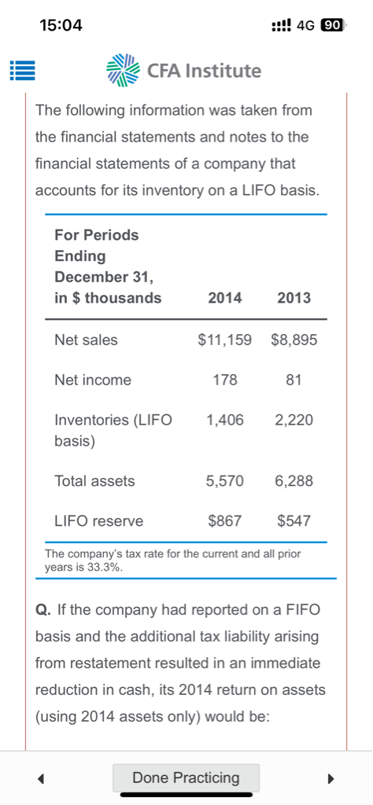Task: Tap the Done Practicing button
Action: (x=186, y=777)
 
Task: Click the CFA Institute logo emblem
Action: (x=123, y=70)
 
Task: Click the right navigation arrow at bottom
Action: (x=331, y=779)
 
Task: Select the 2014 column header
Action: (x=225, y=298)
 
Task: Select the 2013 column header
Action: (x=294, y=298)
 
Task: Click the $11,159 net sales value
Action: (x=225, y=340)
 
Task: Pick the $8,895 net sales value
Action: (x=294, y=340)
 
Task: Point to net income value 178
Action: (x=225, y=380)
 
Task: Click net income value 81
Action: (x=294, y=380)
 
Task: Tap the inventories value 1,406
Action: (x=225, y=421)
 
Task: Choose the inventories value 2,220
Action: (x=294, y=421)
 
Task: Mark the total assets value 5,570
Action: (x=225, y=481)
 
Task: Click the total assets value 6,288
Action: (x=294, y=481)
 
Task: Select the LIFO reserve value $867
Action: (x=225, y=521)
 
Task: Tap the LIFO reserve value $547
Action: (x=294, y=521)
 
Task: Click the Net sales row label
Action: (x=86, y=340)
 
